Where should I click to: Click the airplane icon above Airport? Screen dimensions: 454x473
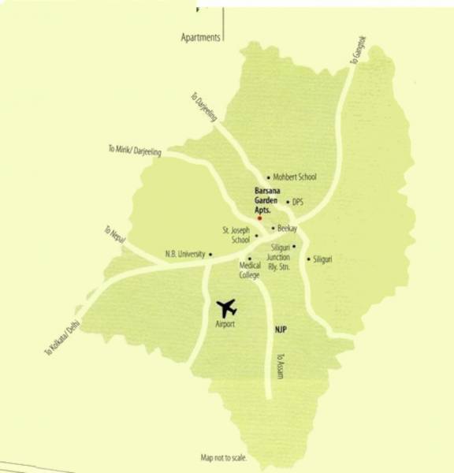(x=227, y=306)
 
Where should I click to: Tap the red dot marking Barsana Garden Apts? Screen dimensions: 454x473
(x=259, y=218)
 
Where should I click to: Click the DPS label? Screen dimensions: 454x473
(x=298, y=202)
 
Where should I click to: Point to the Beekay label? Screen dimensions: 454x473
(x=287, y=229)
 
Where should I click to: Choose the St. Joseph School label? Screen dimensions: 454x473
(x=236, y=235)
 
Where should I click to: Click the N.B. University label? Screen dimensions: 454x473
(x=185, y=254)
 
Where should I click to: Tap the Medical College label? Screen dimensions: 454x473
(x=250, y=270)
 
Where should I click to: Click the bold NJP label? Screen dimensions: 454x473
(x=280, y=329)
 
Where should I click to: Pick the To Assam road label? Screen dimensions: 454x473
(x=279, y=364)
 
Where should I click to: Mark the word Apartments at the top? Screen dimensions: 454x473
(x=200, y=38)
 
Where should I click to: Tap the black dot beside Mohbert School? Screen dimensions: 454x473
(x=269, y=177)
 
